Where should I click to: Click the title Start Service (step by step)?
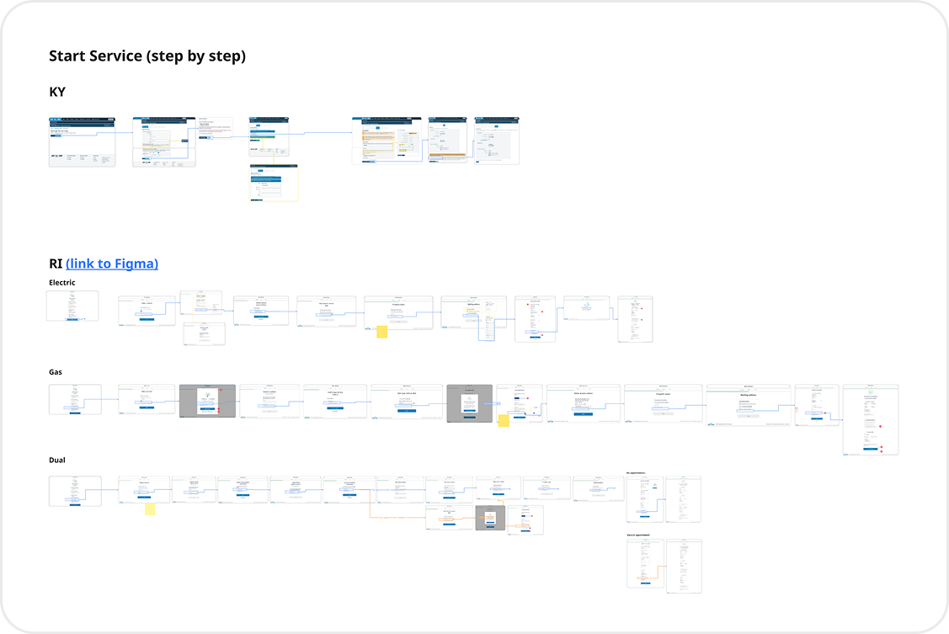point(147,56)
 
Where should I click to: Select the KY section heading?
point(57,92)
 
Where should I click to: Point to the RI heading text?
point(56,264)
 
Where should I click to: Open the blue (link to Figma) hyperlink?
point(112,264)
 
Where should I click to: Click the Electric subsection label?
point(62,283)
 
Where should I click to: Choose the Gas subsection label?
point(56,371)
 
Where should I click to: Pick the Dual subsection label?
point(57,461)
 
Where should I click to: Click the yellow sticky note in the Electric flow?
point(381,332)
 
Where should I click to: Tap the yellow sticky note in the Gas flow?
point(504,420)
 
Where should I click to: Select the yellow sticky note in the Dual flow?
point(150,509)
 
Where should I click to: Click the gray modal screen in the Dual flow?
point(490,518)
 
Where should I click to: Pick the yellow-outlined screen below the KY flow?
point(274,183)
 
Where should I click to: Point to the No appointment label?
point(637,473)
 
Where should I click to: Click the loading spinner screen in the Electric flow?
point(586,309)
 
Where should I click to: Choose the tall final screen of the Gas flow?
point(870,419)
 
